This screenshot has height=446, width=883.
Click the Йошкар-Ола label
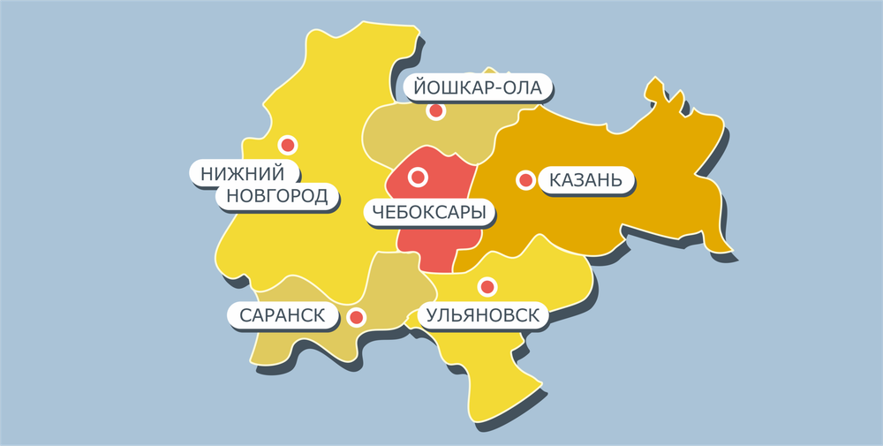pyautogui.click(x=478, y=87)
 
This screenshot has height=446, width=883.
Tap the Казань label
pyautogui.click(x=585, y=180)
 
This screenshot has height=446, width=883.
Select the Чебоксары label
pyautogui.click(x=427, y=211)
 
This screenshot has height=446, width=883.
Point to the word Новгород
pyautogui.click(x=277, y=195)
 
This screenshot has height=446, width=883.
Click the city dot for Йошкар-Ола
pyautogui.click(x=435, y=111)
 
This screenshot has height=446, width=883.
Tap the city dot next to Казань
pyautogui.click(x=525, y=180)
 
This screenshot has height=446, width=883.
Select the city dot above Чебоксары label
pyautogui.click(x=418, y=178)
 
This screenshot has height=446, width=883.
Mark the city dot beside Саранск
pyautogui.click(x=357, y=317)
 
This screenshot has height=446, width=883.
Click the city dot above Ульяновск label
pyautogui.click(x=486, y=287)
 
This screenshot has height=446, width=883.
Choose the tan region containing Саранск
pyautogui.click(x=300, y=344)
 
